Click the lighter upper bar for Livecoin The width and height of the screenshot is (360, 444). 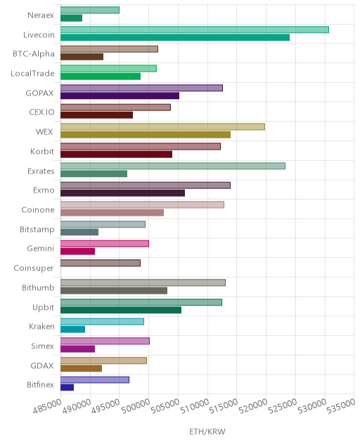195,30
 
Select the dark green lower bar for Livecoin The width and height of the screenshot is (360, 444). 175,37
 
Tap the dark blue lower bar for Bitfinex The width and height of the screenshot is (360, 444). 67,387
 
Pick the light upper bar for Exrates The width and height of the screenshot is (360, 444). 173,166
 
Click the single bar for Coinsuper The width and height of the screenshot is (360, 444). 101,263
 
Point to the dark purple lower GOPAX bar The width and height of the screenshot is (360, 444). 120,96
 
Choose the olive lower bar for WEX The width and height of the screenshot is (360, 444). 146,134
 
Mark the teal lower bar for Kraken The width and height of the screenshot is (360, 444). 73,329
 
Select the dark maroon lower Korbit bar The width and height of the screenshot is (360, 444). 117,155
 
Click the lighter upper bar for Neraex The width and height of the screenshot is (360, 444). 90,11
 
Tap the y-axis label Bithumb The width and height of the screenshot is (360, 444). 38,288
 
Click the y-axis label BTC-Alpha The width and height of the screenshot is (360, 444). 34,54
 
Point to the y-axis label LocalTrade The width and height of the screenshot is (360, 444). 32,73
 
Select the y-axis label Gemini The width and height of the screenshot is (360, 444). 40,249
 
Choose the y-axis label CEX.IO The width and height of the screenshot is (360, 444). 41,112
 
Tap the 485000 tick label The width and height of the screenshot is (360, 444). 47,405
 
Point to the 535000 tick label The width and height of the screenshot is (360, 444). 341,405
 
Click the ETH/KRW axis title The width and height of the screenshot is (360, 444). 207,432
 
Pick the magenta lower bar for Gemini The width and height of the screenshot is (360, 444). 77,252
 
